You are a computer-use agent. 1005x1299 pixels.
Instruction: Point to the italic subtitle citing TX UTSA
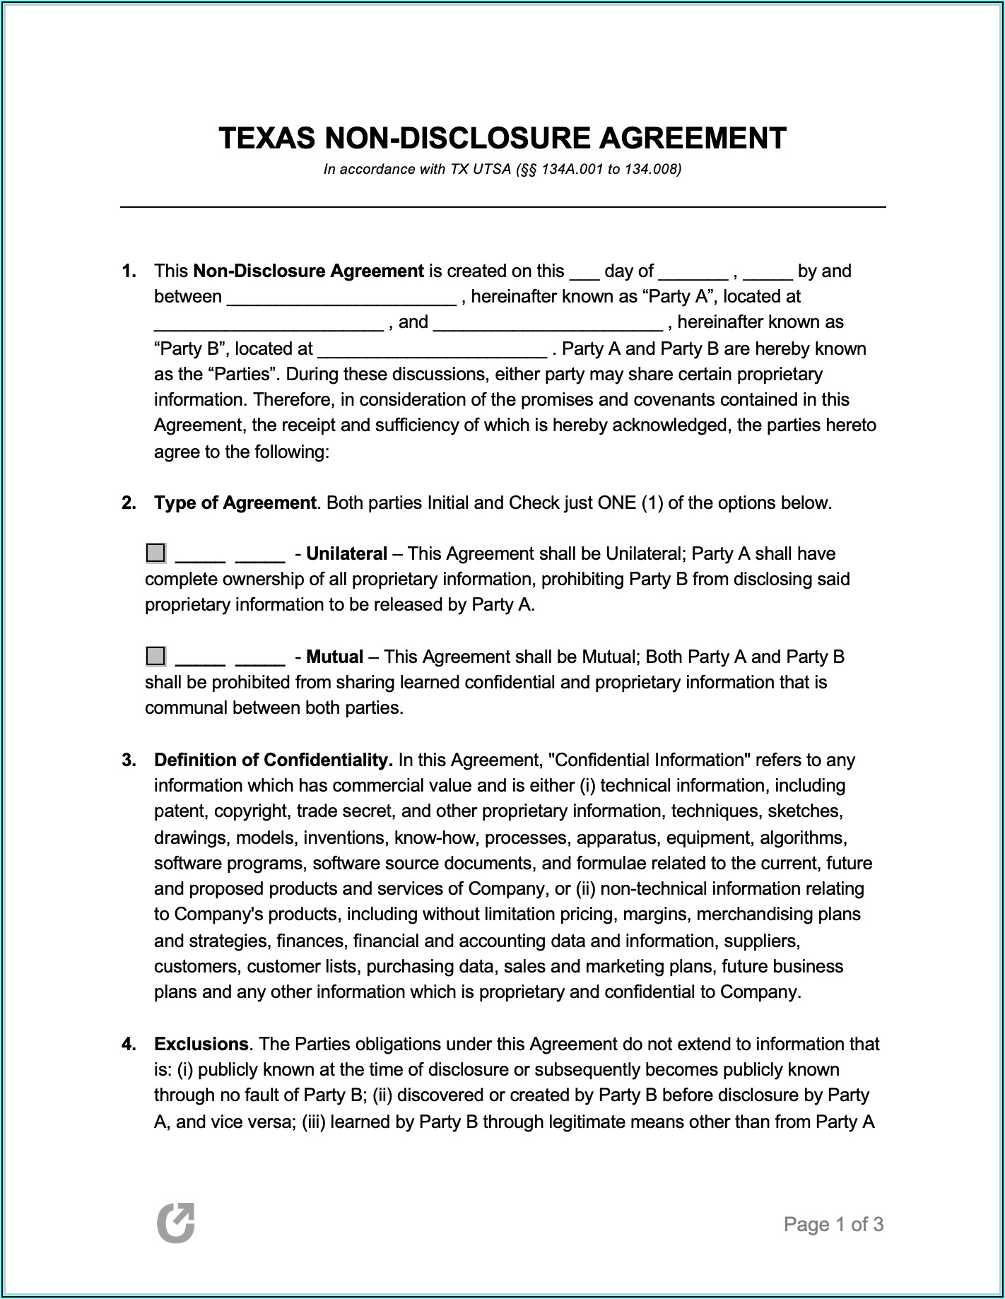502,170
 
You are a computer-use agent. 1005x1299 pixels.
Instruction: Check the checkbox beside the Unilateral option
155,553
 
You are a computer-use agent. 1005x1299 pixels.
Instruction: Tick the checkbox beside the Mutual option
155,656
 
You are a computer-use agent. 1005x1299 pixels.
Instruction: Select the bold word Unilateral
346,554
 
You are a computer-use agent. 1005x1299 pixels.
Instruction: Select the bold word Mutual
334,657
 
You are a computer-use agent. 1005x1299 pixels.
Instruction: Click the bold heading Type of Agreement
235,503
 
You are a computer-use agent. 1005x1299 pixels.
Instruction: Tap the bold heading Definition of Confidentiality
273,760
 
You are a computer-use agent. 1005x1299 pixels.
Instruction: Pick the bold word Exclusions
201,1045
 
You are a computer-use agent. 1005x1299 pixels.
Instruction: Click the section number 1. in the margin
129,271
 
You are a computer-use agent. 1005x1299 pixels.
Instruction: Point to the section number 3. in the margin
129,760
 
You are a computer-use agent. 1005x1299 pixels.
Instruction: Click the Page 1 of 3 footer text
833,1225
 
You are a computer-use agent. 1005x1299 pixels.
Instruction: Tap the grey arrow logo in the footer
175,1223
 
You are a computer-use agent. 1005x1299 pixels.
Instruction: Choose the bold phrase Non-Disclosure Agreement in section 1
308,271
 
